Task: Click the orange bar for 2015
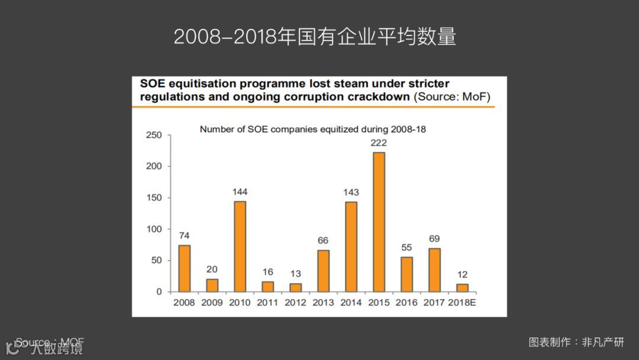tap(379, 222)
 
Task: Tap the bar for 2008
tap(185, 268)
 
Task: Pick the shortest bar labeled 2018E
tap(462, 288)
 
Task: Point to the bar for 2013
tap(323, 271)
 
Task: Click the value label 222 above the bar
tap(379, 143)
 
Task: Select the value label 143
tap(351, 192)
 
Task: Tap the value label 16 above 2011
tap(267, 272)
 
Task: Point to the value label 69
tap(434, 239)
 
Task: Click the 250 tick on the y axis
tap(154, 136)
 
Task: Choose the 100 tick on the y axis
tap(154, 229)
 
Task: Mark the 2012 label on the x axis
tap(295, 303)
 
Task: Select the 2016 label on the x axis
tap(406, 303)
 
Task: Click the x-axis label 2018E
tap(462, 303)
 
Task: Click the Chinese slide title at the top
tap(315, 37)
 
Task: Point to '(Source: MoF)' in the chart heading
tap(452, 97)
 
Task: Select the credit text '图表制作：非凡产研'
tap(576, 342)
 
